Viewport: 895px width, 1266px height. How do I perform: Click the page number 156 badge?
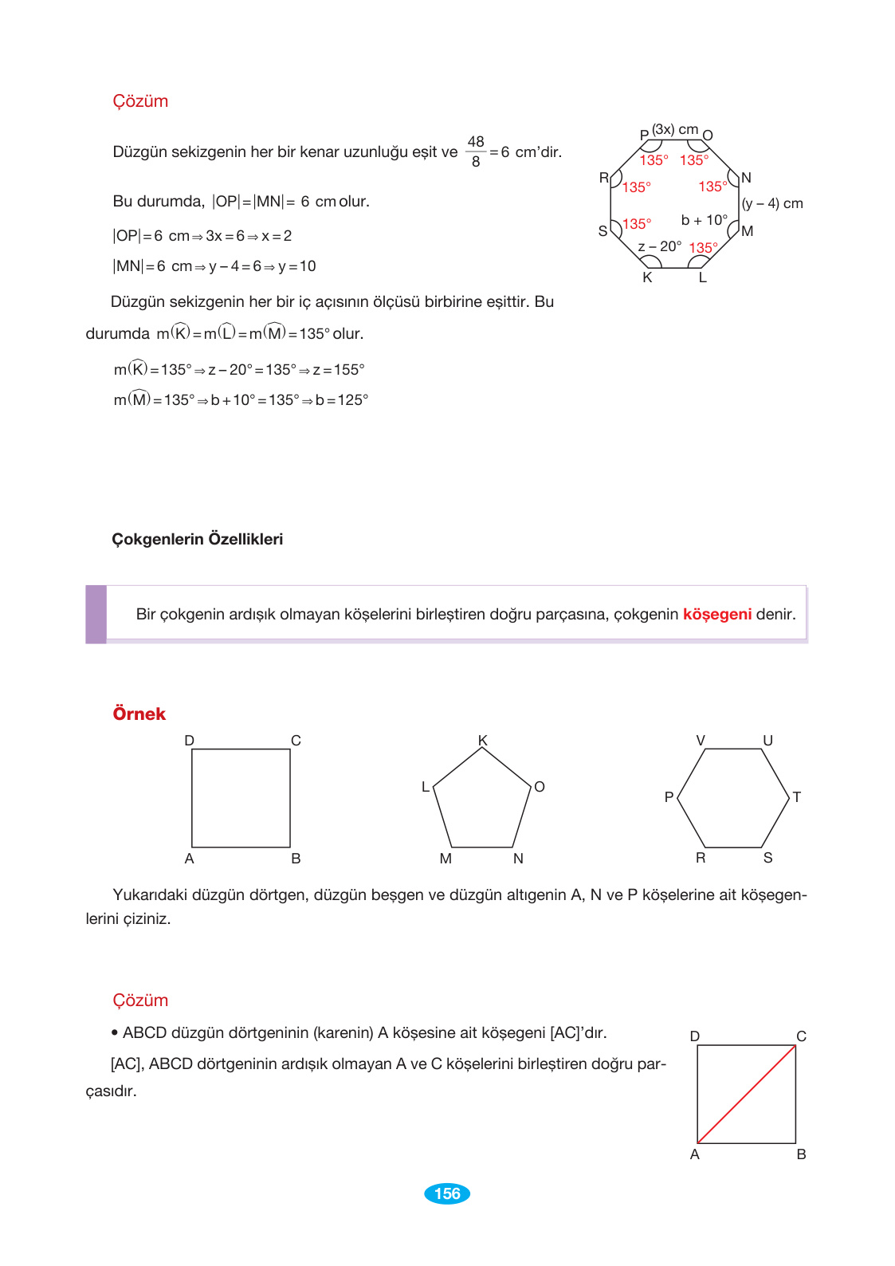tap(447, 1193)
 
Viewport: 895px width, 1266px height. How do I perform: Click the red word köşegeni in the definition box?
tap(717, 615)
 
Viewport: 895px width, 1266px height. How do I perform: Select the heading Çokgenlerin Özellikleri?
tap(197, 540)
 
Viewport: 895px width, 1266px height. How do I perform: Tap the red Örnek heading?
tap(139, 714)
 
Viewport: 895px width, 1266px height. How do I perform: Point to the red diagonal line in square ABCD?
tap(747, 1094)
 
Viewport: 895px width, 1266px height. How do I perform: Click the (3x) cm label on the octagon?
tap(675, 129)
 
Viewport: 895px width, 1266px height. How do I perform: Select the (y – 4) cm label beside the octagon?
tap(772, 203)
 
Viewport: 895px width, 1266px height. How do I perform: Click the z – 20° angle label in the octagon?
tap(660, 246)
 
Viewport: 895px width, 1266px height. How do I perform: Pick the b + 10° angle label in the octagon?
tap(705, 220)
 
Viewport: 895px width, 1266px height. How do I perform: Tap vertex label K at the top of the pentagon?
tap(483, 741)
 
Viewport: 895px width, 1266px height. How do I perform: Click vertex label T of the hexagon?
tap(796, 797)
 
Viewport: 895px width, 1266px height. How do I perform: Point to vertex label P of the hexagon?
tap(669, 797)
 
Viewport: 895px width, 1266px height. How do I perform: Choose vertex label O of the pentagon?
tap(540, 787)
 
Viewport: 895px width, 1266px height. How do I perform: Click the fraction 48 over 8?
tap(476, 151)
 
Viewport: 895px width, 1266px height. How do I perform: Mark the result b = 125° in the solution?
tap(342, 400)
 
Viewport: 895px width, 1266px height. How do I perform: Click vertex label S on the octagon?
tap(603, 231)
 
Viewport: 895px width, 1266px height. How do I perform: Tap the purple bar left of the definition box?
tap(96, 615)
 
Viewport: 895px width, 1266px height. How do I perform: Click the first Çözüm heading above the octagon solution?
tap(140, 101)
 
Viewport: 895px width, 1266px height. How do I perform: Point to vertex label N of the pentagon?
tap(518, 859)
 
